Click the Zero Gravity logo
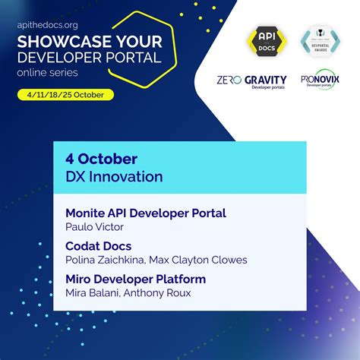click(x=251, y=81)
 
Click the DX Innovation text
click(x=114, y=177)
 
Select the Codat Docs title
click(x=99, y=245)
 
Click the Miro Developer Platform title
click(x=135, y=279)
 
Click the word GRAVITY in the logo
click(x=264, y=79)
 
